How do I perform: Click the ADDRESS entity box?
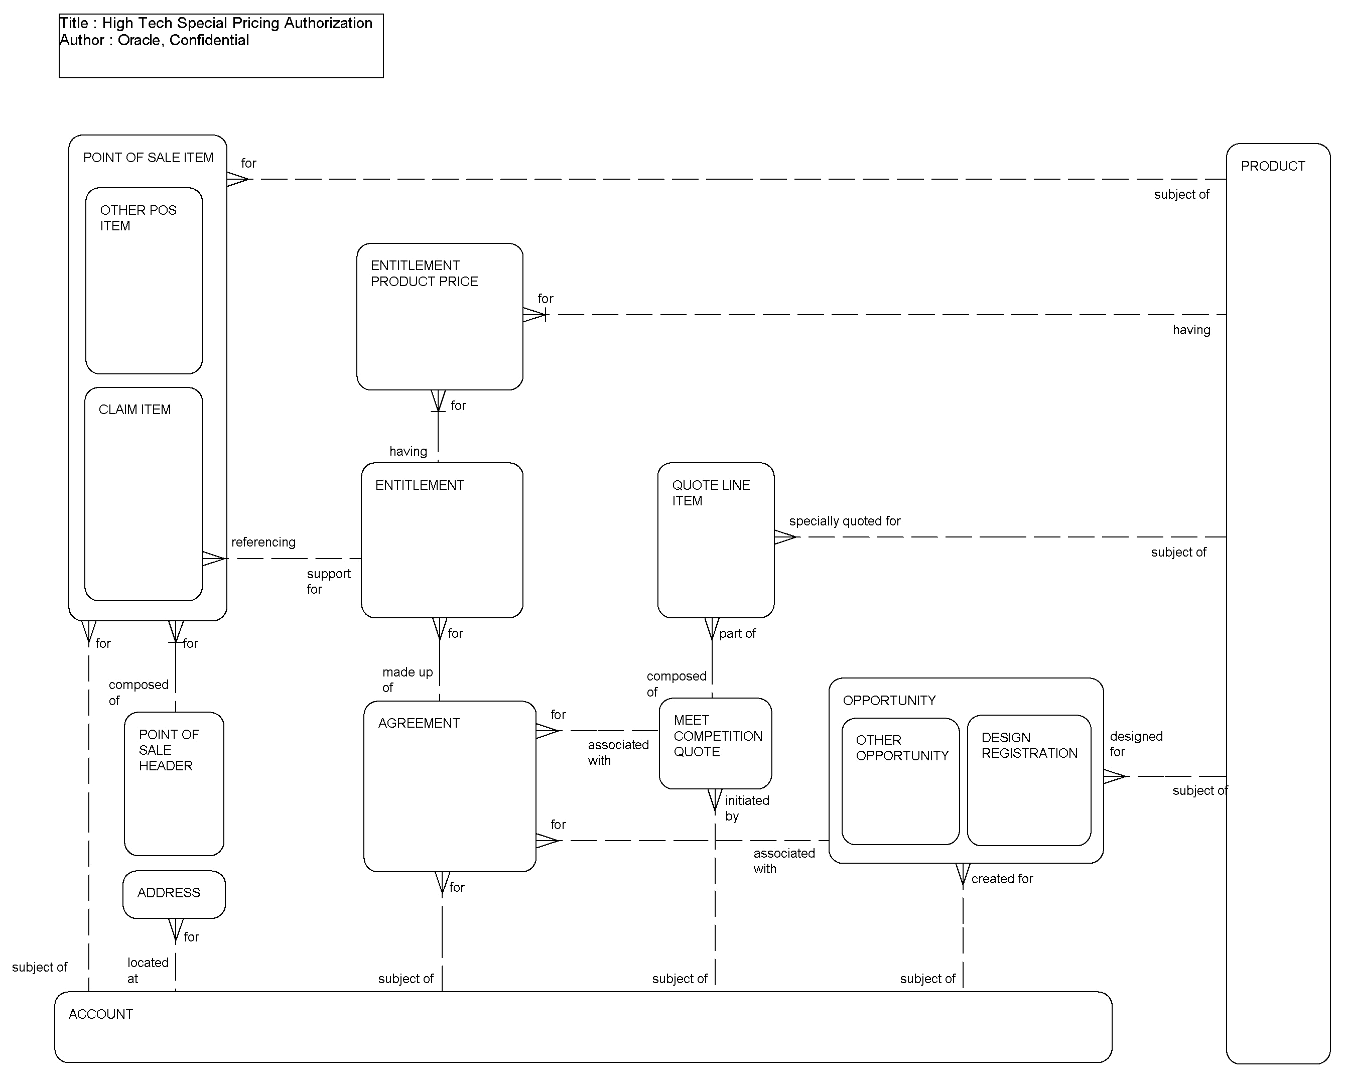(174, 894)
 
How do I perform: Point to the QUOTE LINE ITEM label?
(710, 493)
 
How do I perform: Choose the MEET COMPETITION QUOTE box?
(715, 743)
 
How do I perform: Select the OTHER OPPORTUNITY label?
(901, 748)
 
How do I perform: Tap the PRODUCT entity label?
(1272, 166)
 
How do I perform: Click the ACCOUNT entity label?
(100, 1014)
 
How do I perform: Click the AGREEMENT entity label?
(419, 723)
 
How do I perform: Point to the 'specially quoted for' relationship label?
(844, 521)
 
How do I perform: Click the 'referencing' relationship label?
(263, 542)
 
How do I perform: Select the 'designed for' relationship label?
(1135, 744)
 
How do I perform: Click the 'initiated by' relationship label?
(746, 808)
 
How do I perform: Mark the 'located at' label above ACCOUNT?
(147, 970)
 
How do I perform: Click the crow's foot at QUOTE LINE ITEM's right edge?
(784, 537)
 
